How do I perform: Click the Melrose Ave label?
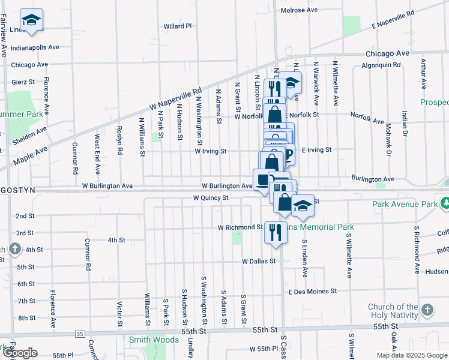(300, 10)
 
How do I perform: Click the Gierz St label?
(23, 82)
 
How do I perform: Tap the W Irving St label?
(210, 151)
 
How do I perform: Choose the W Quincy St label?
(211, 197)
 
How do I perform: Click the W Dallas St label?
(259, 261)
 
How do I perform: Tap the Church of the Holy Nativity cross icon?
(426, 310)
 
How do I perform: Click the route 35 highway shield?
(80, 334)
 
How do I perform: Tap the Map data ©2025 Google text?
(411, 355)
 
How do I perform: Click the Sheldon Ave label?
(29, 136)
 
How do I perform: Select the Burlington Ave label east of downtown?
(373, 179)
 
